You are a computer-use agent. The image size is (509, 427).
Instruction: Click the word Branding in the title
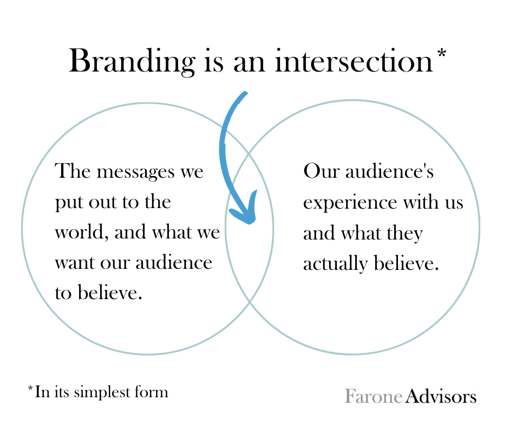click(132, 62)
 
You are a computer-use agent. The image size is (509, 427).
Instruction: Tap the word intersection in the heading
click(354, 61)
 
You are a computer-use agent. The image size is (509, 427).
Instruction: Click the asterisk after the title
click(442, 54)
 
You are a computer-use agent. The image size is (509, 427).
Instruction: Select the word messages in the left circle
click(136, 172)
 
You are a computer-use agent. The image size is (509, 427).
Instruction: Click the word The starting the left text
click(73, 170)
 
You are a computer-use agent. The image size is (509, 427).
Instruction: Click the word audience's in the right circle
click(389, 171)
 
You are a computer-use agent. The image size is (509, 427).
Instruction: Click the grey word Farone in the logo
click(374, 396)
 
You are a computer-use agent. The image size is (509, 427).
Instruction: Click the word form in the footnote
click(154, 392)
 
